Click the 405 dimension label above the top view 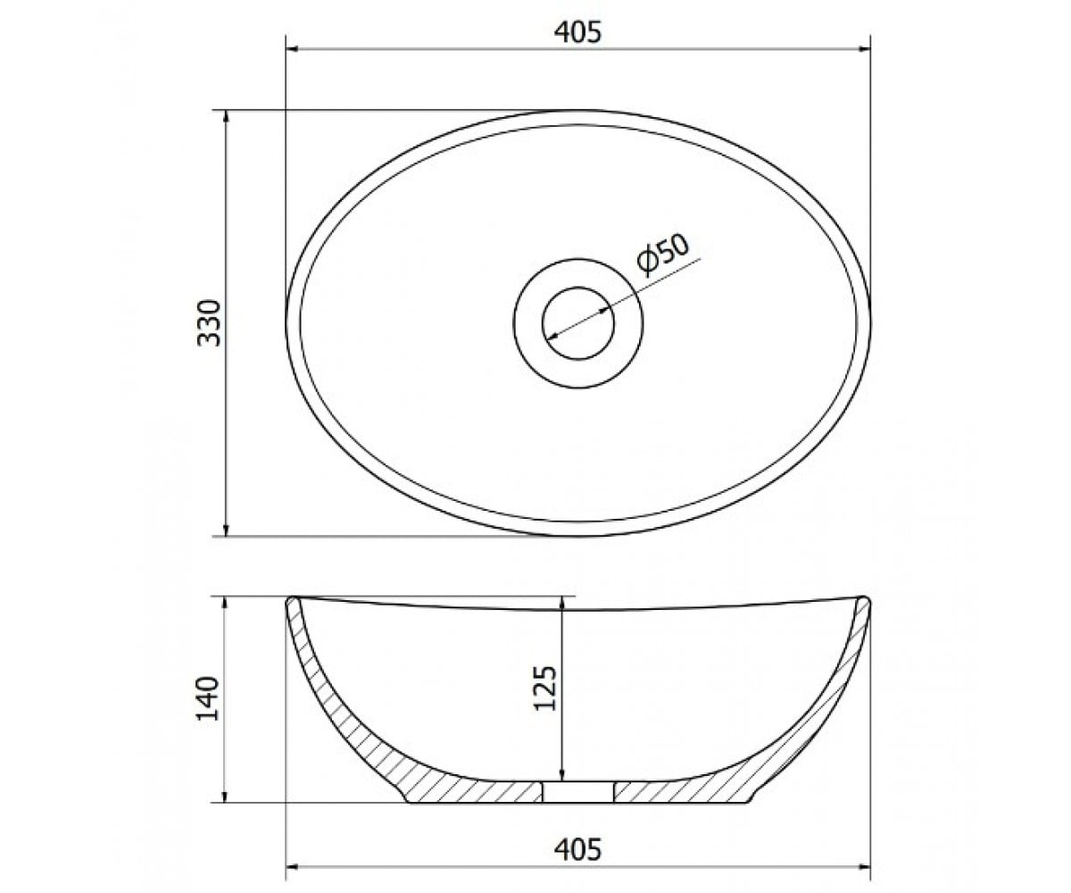coord(577,33)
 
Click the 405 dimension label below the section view coord(577,849)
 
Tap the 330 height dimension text coord(209,322)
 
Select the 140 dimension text coord(208,698)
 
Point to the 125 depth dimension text coord(544,689)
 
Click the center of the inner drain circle coord(578,322)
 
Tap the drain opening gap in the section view coord(578,792)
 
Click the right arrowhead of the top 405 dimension coord(864,49)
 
